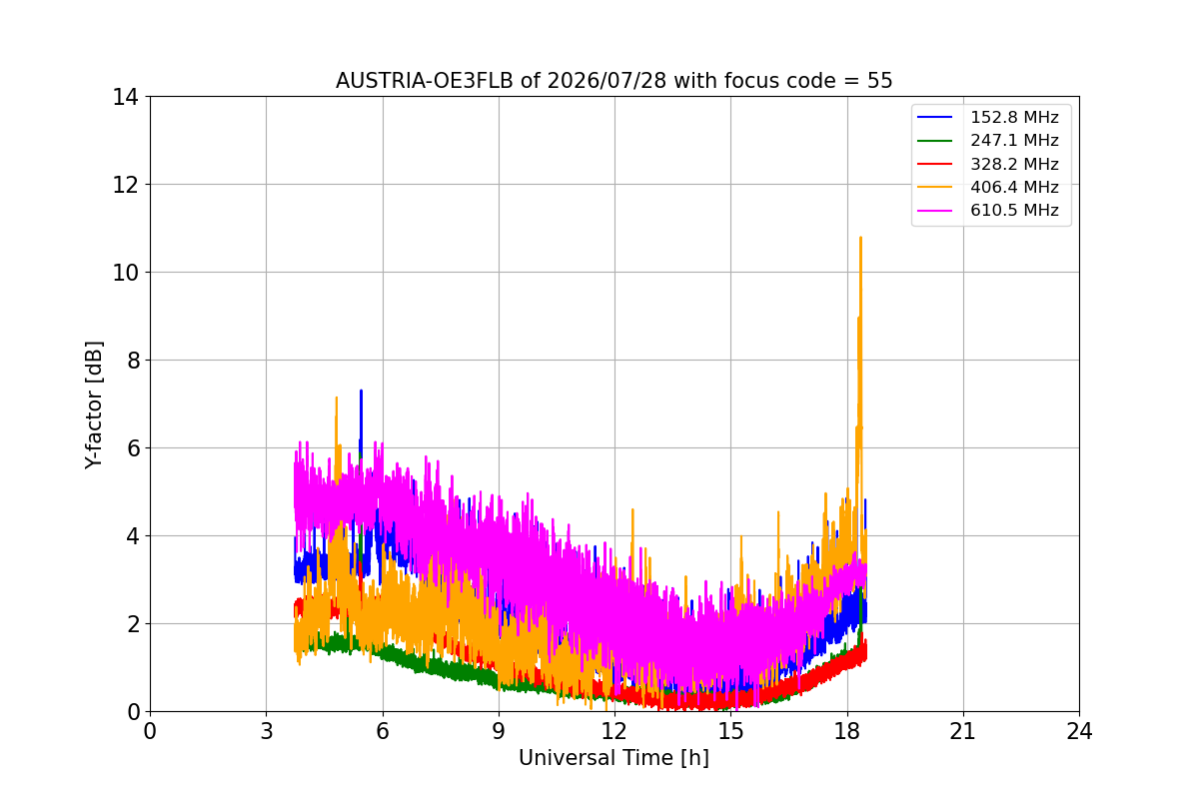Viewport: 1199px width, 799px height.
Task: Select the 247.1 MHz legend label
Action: (x=1014, y=140)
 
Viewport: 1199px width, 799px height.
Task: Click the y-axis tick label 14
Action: (x=125, y=98)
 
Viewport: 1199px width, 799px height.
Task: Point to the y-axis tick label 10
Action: (x=125, y=273)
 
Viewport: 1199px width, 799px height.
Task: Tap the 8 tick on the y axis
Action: (x=133, y=361)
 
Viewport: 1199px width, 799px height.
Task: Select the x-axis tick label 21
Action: (x=963, y=731)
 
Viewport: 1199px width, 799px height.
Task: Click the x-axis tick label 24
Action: (x=1079, y=731)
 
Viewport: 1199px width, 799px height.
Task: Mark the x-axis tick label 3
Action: (x=266, y=731)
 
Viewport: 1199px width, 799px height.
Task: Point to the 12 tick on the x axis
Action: (x=614, y=731)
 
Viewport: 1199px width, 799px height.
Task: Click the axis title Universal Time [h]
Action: (x=613, y=758)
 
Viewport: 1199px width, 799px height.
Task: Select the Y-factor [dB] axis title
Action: (x=94, y=405)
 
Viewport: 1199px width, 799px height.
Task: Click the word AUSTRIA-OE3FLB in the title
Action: (x=424, y=81)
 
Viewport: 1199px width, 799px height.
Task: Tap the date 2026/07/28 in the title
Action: (x=607, y=81)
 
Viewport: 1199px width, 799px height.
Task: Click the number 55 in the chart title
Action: (x=880, y=81)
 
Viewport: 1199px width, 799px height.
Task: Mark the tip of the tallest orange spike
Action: (x=860, y=237)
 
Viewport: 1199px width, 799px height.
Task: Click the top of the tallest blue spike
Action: (x=361, y=391)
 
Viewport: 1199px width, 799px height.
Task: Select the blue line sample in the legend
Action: (x=934, y=117)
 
